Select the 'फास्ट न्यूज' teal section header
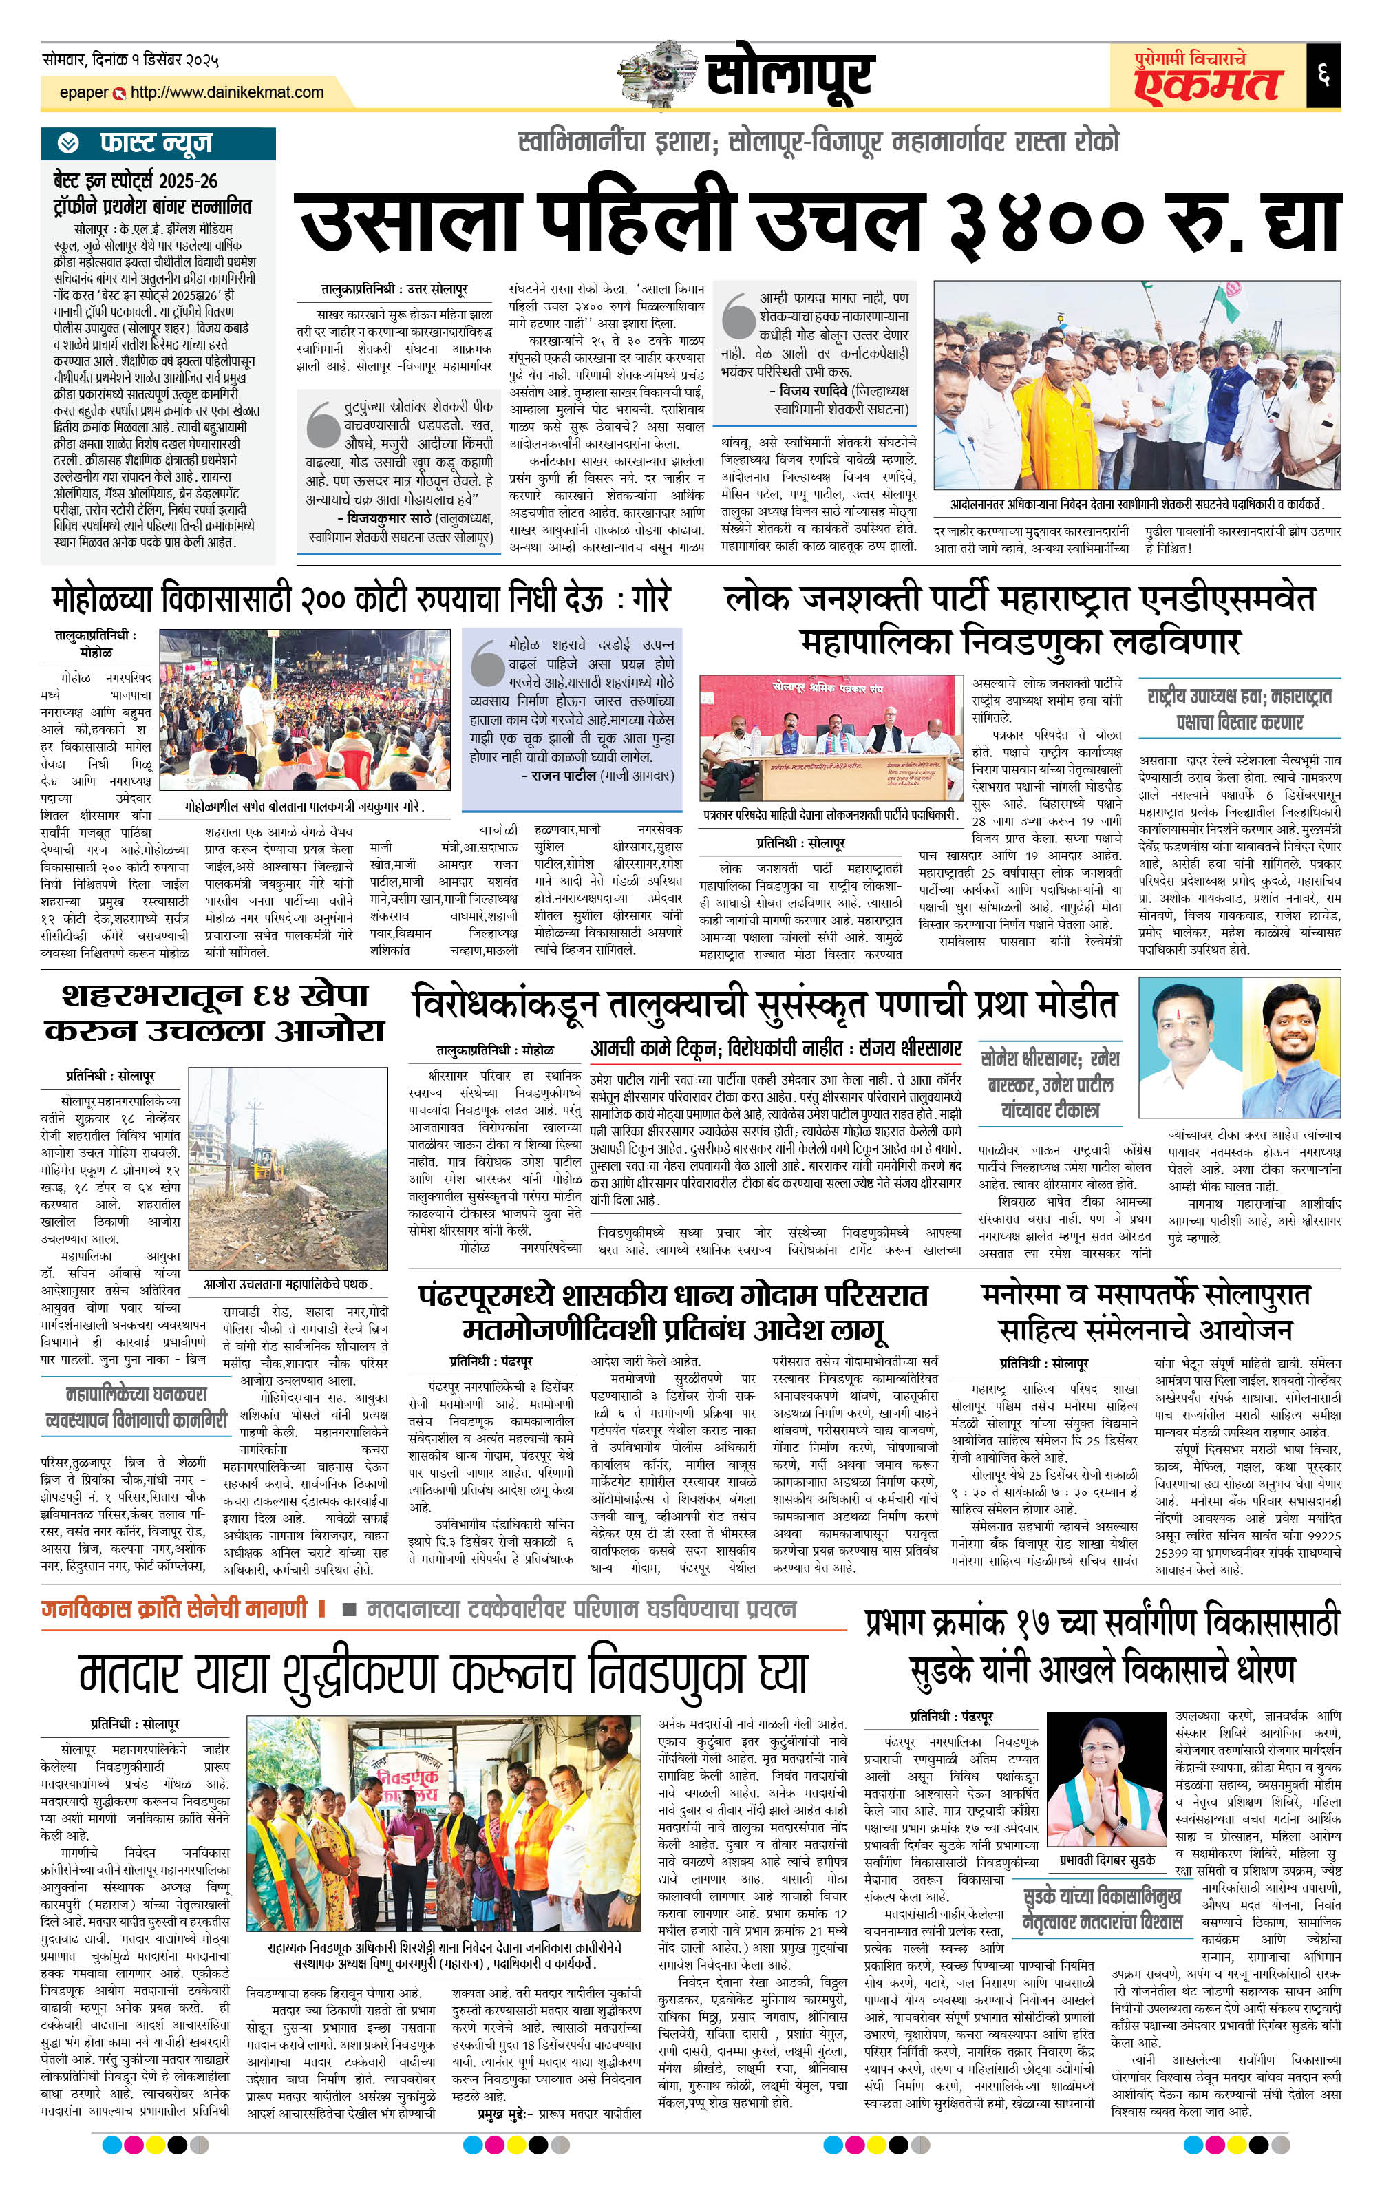[x=157, y=143]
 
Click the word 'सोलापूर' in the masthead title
[x=789, y=75]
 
